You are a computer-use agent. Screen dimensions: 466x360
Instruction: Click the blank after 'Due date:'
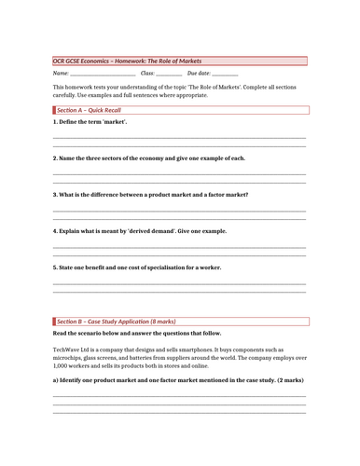pyautogui.click(x=225, y=74)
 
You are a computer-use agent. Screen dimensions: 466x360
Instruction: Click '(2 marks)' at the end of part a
pyautogui.click(x=290, y=380)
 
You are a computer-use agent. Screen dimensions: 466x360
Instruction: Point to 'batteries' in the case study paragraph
pyautogui.click(x=145, y=357)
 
